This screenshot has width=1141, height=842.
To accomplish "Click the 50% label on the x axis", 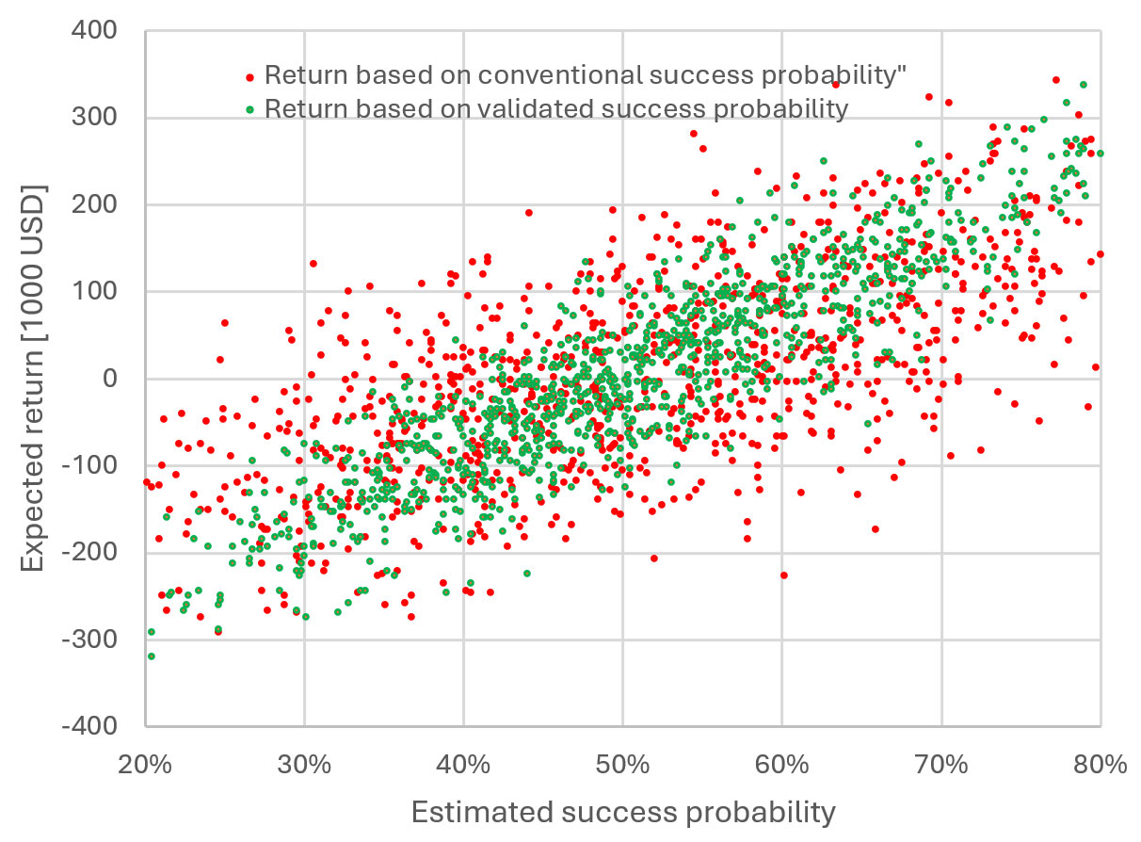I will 622,764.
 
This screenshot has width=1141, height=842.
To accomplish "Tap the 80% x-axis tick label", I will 1101,764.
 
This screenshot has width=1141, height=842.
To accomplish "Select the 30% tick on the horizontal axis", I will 304,764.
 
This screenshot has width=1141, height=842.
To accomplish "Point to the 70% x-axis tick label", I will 941,764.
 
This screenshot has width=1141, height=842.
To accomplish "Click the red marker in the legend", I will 249,76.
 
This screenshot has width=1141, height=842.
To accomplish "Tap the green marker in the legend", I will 249,109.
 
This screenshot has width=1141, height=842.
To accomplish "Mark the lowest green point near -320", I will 152,656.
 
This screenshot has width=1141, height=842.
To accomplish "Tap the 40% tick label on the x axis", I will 463,764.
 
